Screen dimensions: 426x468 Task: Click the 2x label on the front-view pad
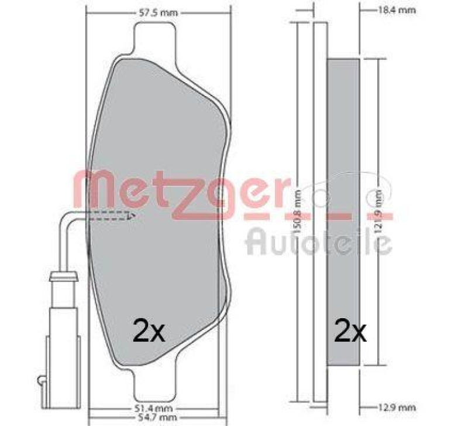150,332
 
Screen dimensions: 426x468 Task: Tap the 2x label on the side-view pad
350,332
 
